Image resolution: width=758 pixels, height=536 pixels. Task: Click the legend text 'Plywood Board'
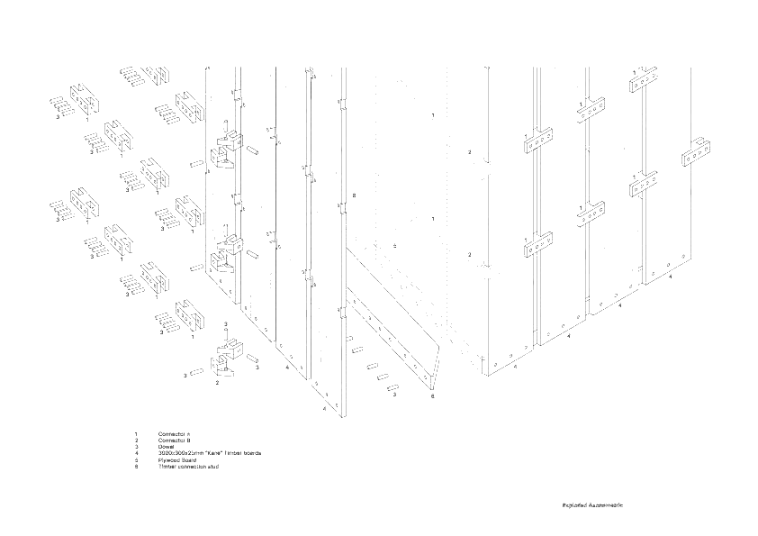[x=177, y=459]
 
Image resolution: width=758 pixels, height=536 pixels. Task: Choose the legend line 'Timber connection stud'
[x=188, y=466]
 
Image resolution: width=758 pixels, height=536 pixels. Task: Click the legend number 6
[x=136, y=466]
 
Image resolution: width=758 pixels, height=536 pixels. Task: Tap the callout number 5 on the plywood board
[x=394, y=245]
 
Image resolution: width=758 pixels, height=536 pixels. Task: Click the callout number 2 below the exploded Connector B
[x=217, y=382]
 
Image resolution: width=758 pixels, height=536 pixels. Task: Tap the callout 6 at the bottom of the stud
[x=433, y=395]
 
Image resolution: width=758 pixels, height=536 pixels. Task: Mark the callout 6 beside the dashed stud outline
[x=355, y=195]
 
